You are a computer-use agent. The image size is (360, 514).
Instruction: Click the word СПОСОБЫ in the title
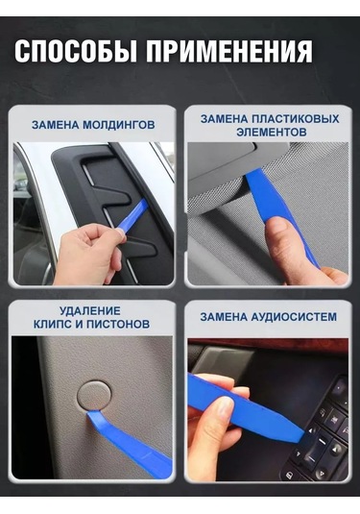click(75, 51)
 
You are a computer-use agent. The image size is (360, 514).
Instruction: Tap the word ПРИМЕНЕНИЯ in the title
click(229, 51)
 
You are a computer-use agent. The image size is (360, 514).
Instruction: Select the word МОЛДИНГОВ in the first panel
click(118, 125)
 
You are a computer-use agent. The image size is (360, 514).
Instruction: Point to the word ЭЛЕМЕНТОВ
click(272, 133)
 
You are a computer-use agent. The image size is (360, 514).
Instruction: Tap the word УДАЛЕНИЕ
click(90, 310)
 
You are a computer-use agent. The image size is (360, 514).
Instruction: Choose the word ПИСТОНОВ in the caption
click(118, 324)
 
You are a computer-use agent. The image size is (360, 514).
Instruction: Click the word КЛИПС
click(53, 324)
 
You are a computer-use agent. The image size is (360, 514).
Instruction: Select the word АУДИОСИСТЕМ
click(294, 317)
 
